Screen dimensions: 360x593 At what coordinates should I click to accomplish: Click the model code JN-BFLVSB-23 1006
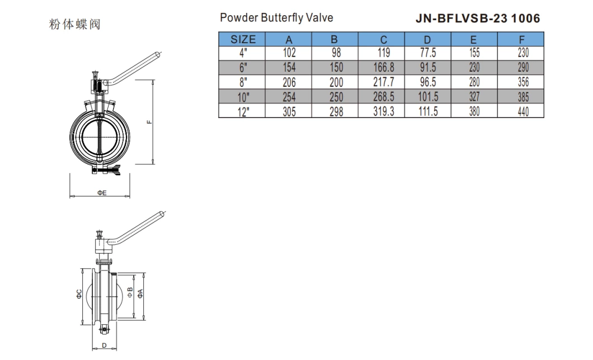click(478, 18)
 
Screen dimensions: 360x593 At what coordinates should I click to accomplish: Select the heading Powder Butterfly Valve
click(276, 18)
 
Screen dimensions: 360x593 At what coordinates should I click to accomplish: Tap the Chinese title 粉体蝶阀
click(75, 24)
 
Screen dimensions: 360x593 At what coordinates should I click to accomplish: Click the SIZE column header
click(243, 39)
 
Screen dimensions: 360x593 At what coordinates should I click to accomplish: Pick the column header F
click(521, 39)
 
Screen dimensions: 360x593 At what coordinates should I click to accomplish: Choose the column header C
click(383, 39)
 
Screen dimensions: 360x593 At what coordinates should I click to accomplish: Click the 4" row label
click(243, 54)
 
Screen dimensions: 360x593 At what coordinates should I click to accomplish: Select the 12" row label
click(243, 111)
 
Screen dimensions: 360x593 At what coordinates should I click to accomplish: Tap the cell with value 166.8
click(383, 68)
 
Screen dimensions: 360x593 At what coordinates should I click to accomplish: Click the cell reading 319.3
click(383, 111)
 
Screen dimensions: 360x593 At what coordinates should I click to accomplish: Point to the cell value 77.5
click(428, 54)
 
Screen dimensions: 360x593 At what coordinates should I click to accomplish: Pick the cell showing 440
click(521, 111)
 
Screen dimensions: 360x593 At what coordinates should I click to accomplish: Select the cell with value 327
click(474, 97)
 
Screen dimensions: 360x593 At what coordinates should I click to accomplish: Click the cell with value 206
click(289, 82)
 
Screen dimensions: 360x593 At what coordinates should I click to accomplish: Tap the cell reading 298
click(335, 111)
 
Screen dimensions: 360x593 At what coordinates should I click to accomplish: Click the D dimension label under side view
click(103, 345)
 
